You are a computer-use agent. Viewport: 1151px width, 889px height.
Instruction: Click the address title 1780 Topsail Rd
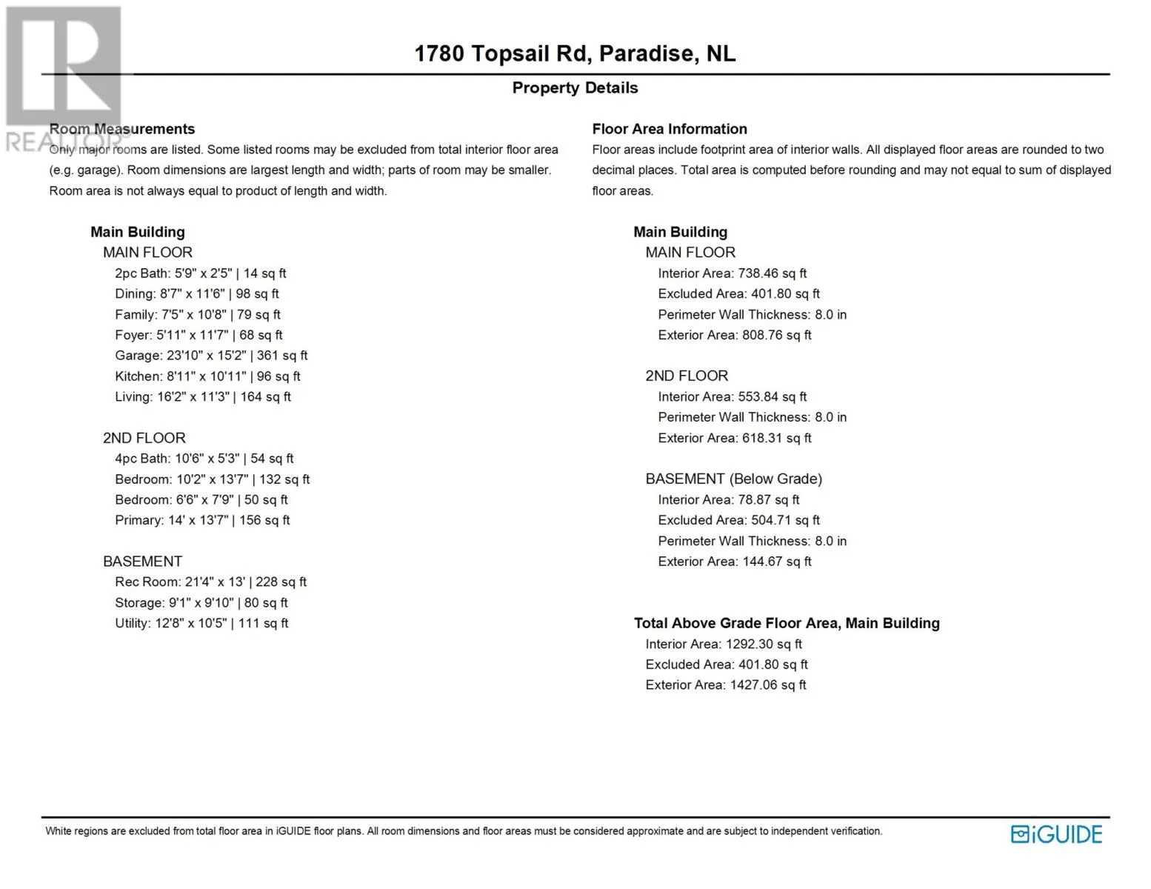click(575, 54)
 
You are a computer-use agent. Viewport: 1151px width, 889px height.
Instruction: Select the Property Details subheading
click(575, 88)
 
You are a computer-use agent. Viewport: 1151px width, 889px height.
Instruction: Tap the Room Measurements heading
click(122, 129)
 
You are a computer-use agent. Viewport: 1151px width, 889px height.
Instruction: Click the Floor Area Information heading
click(670, 129)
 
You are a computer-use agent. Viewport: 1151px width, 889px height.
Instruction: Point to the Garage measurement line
click(211, 356)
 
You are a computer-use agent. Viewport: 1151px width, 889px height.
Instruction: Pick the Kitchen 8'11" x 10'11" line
click(207, 376)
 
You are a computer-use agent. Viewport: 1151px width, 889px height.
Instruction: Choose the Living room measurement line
click(203, 397)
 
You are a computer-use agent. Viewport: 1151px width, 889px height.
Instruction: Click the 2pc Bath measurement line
click(200, 273)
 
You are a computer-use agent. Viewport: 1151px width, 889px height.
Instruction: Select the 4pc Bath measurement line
click(204, 459)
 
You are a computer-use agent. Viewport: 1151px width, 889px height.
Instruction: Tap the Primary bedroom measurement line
click(202, 520)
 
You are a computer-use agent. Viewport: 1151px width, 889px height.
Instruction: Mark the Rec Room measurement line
click(210, 582)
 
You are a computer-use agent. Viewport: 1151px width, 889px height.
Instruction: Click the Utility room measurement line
click(201, 623)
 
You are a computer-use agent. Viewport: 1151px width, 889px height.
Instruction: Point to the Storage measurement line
click(201, 603)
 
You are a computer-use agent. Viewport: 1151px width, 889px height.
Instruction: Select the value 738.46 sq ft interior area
click(772, 273)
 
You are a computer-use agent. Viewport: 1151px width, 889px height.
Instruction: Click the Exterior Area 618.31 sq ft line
click(734, 438)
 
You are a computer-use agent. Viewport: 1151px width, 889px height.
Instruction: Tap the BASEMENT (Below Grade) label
click(733, 479)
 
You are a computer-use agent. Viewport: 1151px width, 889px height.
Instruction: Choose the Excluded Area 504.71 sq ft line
click(738, 520)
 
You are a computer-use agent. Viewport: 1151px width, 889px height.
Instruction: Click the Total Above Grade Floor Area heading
click(787, 623)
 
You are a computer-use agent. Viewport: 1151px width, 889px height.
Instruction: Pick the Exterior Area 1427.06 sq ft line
click(725, 685)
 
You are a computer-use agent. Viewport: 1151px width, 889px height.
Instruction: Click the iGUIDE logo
click(1056, 834)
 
